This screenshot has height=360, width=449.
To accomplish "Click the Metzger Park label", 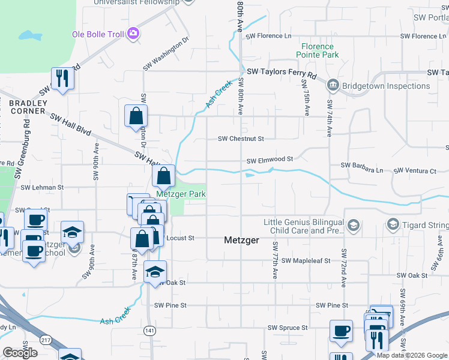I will [181, 194].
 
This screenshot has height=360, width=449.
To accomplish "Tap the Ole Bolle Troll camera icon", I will [133, 34].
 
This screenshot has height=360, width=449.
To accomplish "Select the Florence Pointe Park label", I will [317, 50].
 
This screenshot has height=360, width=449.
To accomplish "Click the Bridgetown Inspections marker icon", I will [333, 86].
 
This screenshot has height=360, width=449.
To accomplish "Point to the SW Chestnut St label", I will [241, 139].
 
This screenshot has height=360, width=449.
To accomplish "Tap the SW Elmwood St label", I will [270, 160].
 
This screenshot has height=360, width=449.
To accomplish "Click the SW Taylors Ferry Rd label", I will [281, 72].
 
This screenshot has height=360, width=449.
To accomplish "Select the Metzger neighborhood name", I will [241, 240].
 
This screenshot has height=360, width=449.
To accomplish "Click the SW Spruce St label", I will [288, 328].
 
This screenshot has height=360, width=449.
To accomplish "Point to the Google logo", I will [20, 353].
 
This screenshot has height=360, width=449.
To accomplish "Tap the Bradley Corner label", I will [28, 107].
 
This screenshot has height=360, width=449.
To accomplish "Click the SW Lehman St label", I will [42, 188].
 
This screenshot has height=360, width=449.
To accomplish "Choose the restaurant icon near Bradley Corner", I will [62, 78].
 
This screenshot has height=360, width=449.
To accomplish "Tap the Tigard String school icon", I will [393, 224].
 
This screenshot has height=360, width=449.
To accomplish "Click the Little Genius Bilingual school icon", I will [354, 225].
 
